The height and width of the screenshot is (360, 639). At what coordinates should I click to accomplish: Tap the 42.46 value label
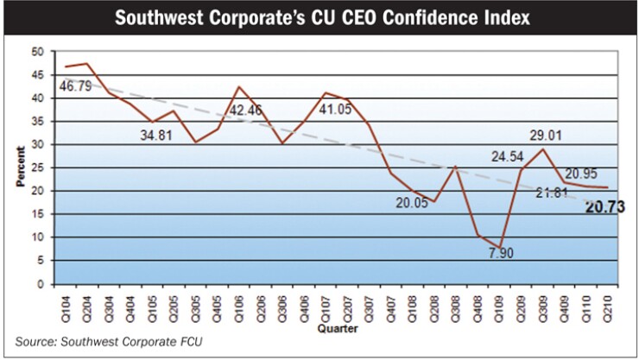pos(250,111)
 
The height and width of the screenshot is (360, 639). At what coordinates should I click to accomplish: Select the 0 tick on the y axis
pos(39,284)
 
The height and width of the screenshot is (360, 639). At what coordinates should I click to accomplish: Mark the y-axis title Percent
pos(16,167)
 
